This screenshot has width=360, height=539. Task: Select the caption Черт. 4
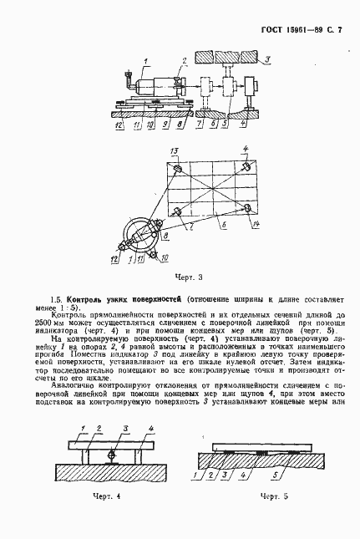pyautogui.click(x=105, y=519)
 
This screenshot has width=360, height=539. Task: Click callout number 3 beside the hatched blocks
pyautogui.click(x=266, y=59)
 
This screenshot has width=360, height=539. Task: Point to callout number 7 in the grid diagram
pyautogui.click(x=190, y=226)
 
